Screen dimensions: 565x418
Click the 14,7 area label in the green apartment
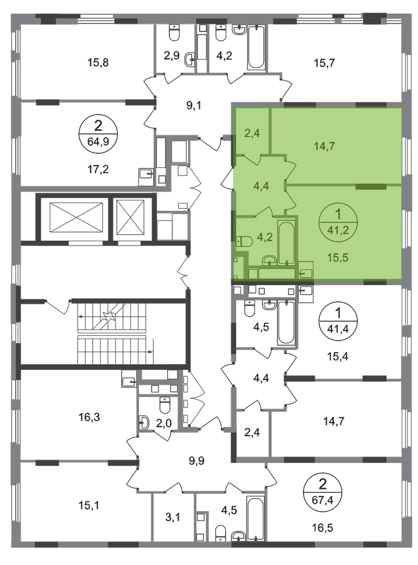[x=325, y=145]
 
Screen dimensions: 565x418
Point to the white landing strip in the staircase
[x=112, y=334]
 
